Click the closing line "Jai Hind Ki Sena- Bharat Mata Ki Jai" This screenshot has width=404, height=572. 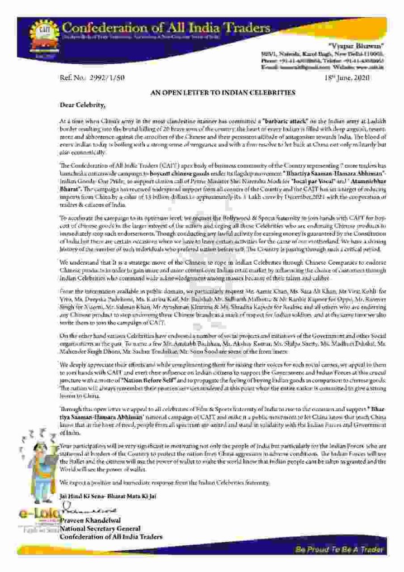click(x=108, y=495)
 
